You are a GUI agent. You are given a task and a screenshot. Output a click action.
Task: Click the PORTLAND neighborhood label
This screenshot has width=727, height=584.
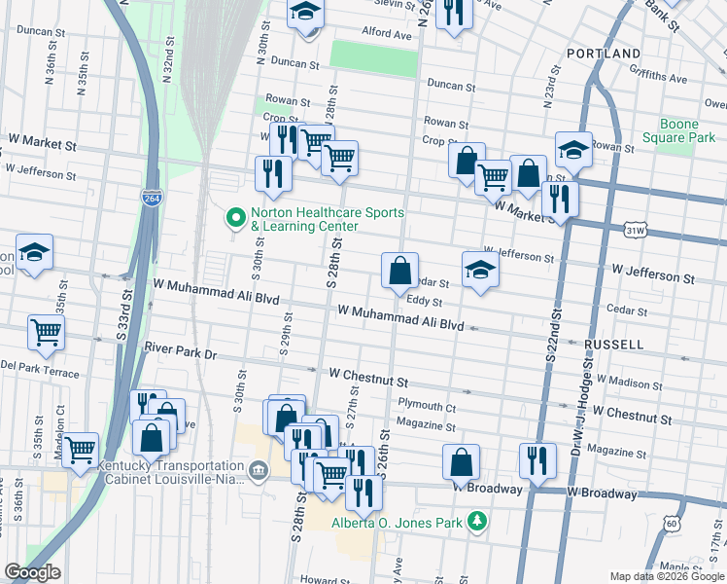pyautogui.click(x=604, y=54)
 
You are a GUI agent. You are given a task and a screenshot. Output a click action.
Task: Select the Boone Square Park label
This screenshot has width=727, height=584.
pyautogui.click(x=687, y=131)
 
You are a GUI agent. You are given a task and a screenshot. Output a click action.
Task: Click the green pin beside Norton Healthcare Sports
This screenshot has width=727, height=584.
pyautogui.click(x=233, y=216)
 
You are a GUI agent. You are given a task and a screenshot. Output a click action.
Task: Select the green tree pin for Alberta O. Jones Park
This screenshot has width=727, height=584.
pyautogui.click(x=476, y=523)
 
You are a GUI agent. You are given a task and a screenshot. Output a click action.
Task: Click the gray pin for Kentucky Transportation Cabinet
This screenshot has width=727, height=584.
pyautogui.click(x=258, y=472)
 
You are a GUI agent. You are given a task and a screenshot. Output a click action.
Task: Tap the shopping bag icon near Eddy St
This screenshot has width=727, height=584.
pyautogui.click(x=399, y=271)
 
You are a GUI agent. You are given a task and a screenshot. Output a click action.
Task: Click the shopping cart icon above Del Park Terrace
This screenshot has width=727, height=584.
pyautogui.click(x=46, y=332)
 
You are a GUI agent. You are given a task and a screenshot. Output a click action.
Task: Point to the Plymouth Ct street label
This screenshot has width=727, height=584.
pyautogui.click(x=427, y=405)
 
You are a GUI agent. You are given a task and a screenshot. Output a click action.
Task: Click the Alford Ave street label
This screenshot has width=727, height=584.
pyautogui.click(x=387, y=33)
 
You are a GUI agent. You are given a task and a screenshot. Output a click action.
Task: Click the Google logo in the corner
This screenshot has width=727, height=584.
pyautogui.click(x=32, y=572)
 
